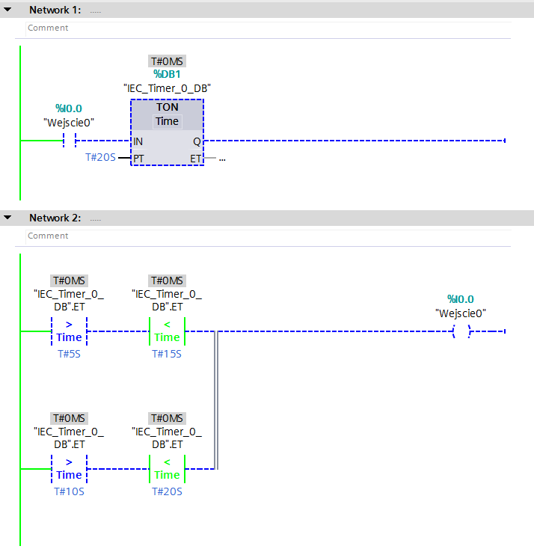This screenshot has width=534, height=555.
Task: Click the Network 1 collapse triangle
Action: (8, 10)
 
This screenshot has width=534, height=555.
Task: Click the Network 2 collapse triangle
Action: (8, 218)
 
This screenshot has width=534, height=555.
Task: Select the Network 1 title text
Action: (55, 10)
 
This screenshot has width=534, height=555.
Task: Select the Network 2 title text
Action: (55, 218)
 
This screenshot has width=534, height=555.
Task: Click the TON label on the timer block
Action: (167, 107)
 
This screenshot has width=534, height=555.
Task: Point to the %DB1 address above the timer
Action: (167, 74)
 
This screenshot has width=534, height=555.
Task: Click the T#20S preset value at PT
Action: (100, 159)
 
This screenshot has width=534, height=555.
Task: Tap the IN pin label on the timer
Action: (138, 141)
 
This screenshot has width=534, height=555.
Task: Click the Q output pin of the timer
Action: (197, 141)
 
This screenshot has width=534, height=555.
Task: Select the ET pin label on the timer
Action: (195, 159)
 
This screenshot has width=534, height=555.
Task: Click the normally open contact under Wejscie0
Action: (70, 141)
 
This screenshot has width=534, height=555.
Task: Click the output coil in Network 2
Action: (461, 331)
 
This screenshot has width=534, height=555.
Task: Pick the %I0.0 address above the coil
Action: (461, 299)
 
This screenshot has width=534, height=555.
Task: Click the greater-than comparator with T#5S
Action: (69, 331)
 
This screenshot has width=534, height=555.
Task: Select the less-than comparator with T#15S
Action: (167, 331)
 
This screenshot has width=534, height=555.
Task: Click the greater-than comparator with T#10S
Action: (69, 469)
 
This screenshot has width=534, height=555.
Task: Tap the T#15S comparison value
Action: (167, 354)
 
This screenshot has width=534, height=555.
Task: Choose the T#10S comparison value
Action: (69, 491)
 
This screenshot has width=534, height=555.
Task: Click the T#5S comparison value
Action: (69, 354)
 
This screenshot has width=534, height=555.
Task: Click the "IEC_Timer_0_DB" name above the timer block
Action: (167, 88)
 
